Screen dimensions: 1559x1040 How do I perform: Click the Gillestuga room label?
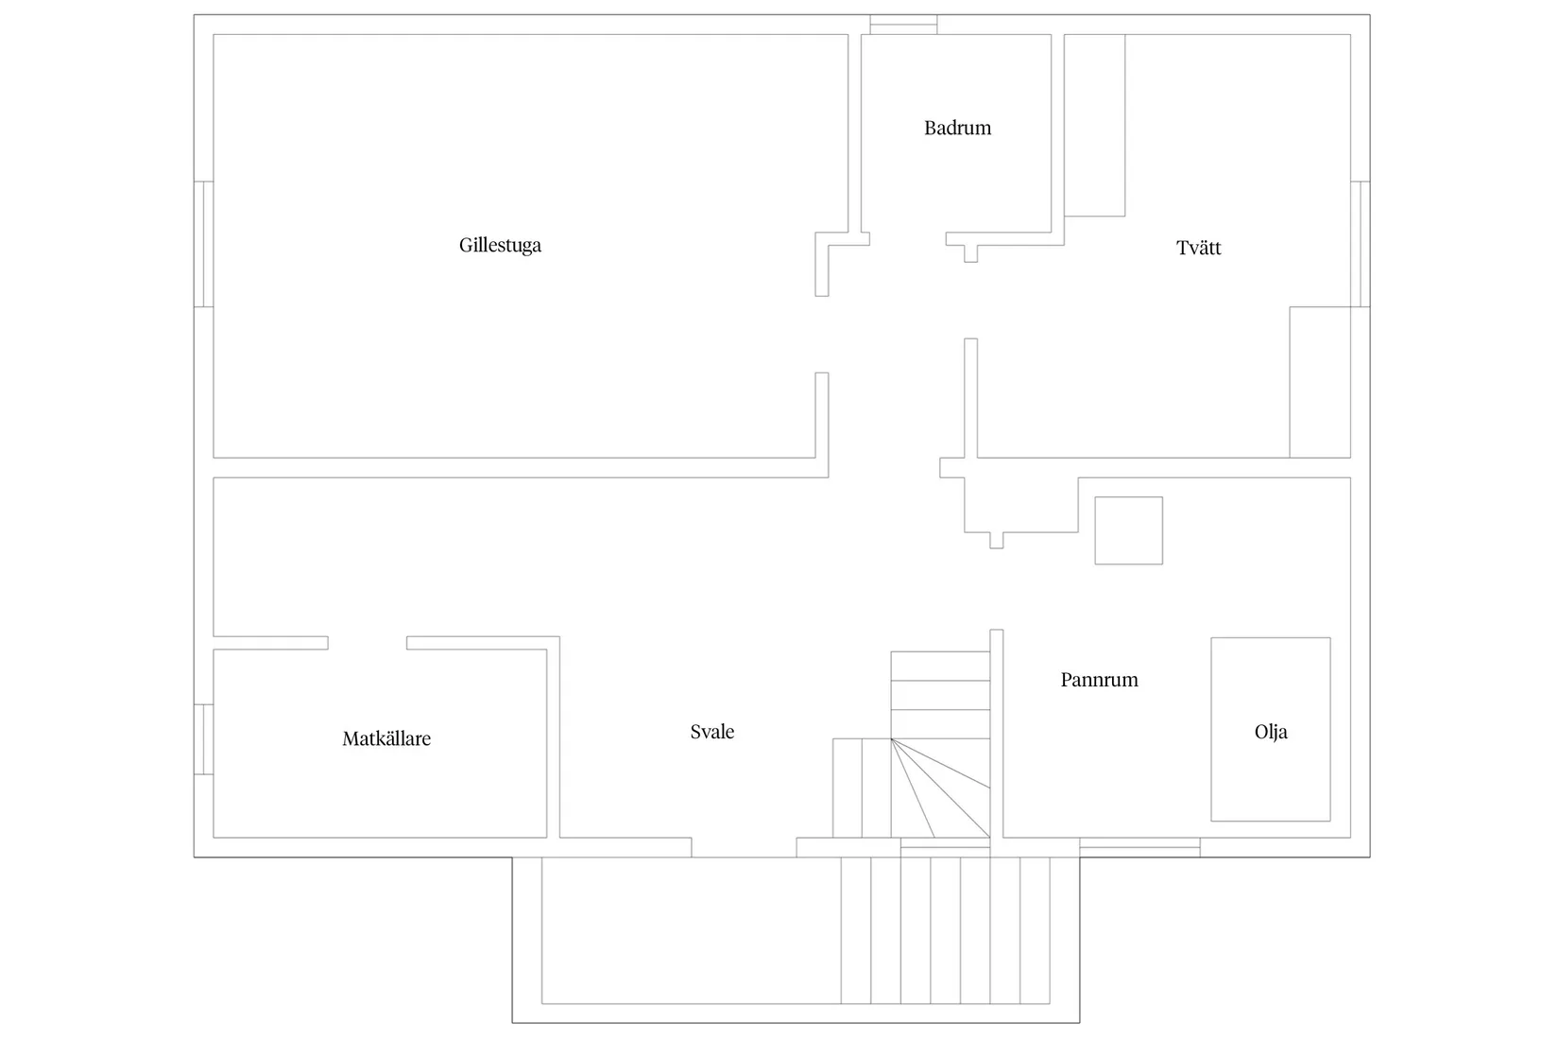500,245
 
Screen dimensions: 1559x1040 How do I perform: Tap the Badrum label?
958,129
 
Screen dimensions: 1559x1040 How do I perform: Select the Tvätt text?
1198,248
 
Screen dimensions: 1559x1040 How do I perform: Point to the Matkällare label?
386,738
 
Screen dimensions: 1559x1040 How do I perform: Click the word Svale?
712,732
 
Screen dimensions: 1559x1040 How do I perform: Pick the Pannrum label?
1100,680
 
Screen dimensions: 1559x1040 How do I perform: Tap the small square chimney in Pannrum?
1129,530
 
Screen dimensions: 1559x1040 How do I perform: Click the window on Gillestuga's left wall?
203,244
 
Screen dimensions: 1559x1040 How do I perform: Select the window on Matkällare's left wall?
203,739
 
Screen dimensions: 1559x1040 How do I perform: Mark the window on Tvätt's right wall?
1361,244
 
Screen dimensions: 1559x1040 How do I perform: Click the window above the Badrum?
903,25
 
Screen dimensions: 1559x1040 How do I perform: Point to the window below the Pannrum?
1140,847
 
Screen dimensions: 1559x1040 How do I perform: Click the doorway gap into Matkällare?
368,643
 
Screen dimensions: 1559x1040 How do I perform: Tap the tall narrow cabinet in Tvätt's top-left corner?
1095,126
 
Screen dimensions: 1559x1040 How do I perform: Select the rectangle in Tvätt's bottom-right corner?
1320,382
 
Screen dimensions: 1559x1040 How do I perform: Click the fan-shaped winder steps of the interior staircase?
940,788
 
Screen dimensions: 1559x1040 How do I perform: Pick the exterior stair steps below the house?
945,930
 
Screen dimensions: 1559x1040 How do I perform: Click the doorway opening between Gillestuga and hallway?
822,335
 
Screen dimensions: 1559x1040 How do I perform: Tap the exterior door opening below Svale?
744,848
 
